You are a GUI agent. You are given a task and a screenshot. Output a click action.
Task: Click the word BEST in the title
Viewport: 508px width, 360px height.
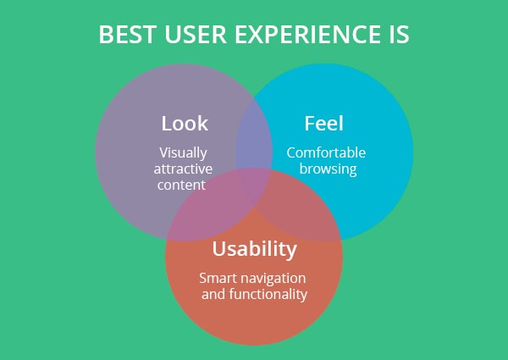(128, 35)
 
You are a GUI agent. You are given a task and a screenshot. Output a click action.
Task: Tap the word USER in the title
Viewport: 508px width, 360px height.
(196, 35)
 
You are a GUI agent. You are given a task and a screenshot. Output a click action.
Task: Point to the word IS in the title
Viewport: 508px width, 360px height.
(400, 35)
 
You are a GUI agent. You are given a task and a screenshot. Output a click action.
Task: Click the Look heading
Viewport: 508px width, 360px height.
(185, 124)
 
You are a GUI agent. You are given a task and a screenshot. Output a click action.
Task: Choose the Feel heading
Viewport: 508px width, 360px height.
(323, 124)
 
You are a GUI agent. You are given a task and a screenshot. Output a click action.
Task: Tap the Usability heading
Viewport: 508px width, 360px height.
(254, 250)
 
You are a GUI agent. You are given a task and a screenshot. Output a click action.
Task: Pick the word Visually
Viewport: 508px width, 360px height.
(183, 153)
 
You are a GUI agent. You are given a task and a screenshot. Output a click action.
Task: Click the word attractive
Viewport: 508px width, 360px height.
(183, 169)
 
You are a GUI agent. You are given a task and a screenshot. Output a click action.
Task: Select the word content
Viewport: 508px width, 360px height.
(181, 185)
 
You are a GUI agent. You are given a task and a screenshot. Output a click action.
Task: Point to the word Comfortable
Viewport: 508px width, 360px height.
(326, 152)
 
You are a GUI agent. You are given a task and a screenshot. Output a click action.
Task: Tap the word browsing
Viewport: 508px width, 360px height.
(328, 169)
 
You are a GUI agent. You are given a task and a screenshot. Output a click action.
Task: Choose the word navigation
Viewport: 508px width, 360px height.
(273, 279)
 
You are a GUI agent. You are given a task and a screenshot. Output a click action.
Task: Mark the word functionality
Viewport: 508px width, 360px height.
(268, 295)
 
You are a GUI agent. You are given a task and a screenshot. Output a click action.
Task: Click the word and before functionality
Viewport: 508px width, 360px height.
(213, 294)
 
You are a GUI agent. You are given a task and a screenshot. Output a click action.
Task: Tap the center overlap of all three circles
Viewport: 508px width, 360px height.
(255, 186)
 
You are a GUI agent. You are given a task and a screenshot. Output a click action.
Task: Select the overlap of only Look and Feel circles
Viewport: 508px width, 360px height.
(254, 136)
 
